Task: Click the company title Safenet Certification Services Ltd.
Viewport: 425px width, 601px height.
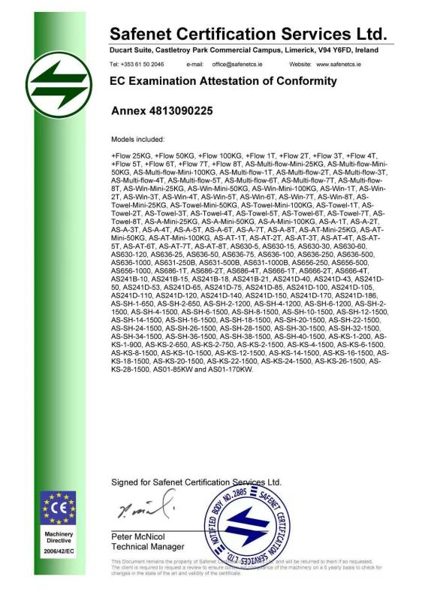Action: (x=248, y=33)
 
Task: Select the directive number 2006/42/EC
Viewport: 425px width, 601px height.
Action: (x=58, y=551)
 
